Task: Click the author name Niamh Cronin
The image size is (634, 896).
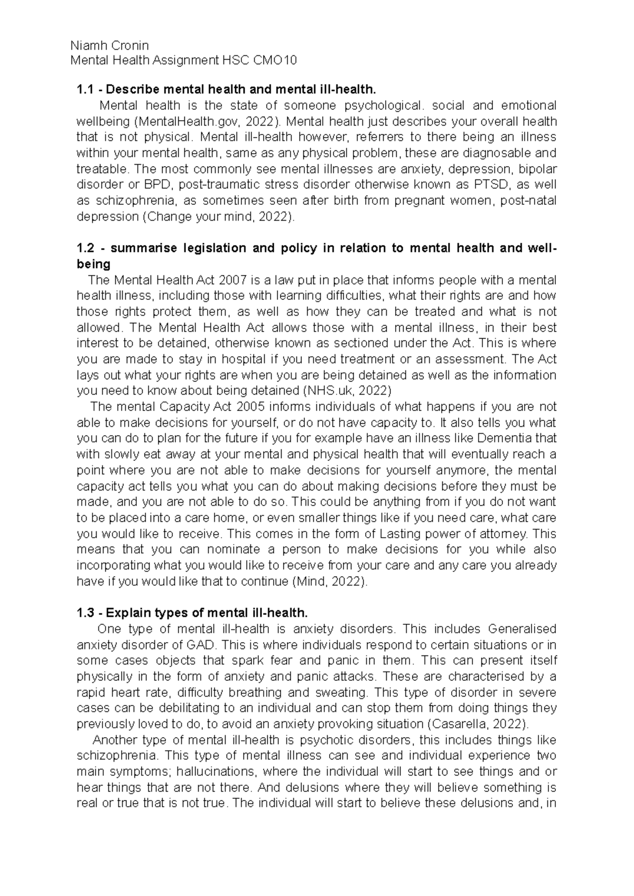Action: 109,45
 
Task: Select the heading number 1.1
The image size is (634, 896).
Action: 85,90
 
